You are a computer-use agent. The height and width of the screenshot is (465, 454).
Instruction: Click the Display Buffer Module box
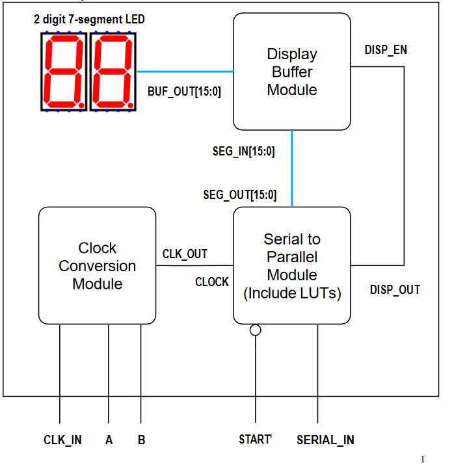pyautogui.click(x=292, y=72)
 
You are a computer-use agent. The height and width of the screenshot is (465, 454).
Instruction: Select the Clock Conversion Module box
pyautogui.click(x=97, y=265)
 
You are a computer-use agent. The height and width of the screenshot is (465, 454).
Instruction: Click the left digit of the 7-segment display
pyautogui.click(x=64, y=72)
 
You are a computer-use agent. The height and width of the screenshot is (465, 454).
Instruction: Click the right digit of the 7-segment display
pyautogui.click(x=114, y=72)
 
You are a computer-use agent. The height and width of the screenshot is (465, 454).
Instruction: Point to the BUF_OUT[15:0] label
pyautogui.click(x=185, y=92)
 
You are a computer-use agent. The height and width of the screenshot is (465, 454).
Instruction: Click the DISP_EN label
pyautogui.click(x=386, y=49)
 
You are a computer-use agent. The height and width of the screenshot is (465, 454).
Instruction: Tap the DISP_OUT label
pyautogui.click(x=395, y=290)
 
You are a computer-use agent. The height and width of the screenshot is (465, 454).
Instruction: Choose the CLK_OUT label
pyautogui.click(x=185, y=254)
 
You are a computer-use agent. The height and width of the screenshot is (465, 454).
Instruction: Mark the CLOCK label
pyautogui.click(x=212, y=282)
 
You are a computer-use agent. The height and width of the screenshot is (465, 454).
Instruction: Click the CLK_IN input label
pyautogui.click(x=62, y=440)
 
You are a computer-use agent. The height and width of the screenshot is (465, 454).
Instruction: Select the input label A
pyautogui.click(x=109, y=440)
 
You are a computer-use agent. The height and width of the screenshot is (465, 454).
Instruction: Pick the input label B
pyautogui.click(x=141, y=440)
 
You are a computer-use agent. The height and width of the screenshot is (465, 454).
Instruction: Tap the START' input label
pyautogui.click(x=255, y=440)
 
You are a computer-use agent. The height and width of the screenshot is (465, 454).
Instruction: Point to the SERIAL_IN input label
pyautogui.click(x=325, y=440)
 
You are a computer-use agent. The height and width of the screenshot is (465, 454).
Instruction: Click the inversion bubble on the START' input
pyautogui.click(x=256, y=330)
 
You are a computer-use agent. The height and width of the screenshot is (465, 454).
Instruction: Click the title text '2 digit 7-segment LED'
pyautogui.click(x=89, y=20)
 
